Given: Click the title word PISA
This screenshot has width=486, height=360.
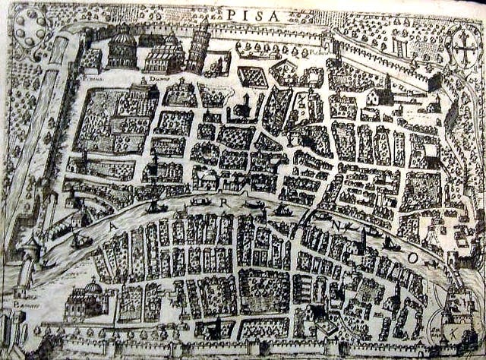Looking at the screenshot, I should (250, 14).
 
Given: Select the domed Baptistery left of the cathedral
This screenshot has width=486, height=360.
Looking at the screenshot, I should (121, 49).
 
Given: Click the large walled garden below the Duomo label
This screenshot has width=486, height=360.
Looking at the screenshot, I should (114, 122).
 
